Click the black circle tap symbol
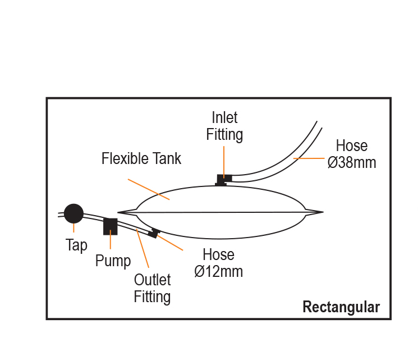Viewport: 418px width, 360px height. point(74,213)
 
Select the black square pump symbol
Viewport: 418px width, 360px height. point(110,226)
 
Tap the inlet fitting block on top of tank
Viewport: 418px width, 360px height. point(224,179)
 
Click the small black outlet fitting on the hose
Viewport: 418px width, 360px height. point(154,232)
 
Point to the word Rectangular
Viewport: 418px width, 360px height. point(341,307)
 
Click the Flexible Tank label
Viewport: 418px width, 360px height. point(141,159)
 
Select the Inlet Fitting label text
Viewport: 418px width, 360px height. point(224,126)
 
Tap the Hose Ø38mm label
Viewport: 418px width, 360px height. point(351,154)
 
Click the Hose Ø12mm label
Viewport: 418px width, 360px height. point(218,263)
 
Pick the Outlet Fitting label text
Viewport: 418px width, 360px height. point(152,288)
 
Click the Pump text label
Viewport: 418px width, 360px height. point(113,261)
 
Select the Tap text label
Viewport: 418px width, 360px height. point(76,245)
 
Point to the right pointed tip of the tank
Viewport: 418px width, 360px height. point(321,212)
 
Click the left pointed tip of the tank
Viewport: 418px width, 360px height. point(120,212)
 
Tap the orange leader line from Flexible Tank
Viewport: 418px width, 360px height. point(149,189)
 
